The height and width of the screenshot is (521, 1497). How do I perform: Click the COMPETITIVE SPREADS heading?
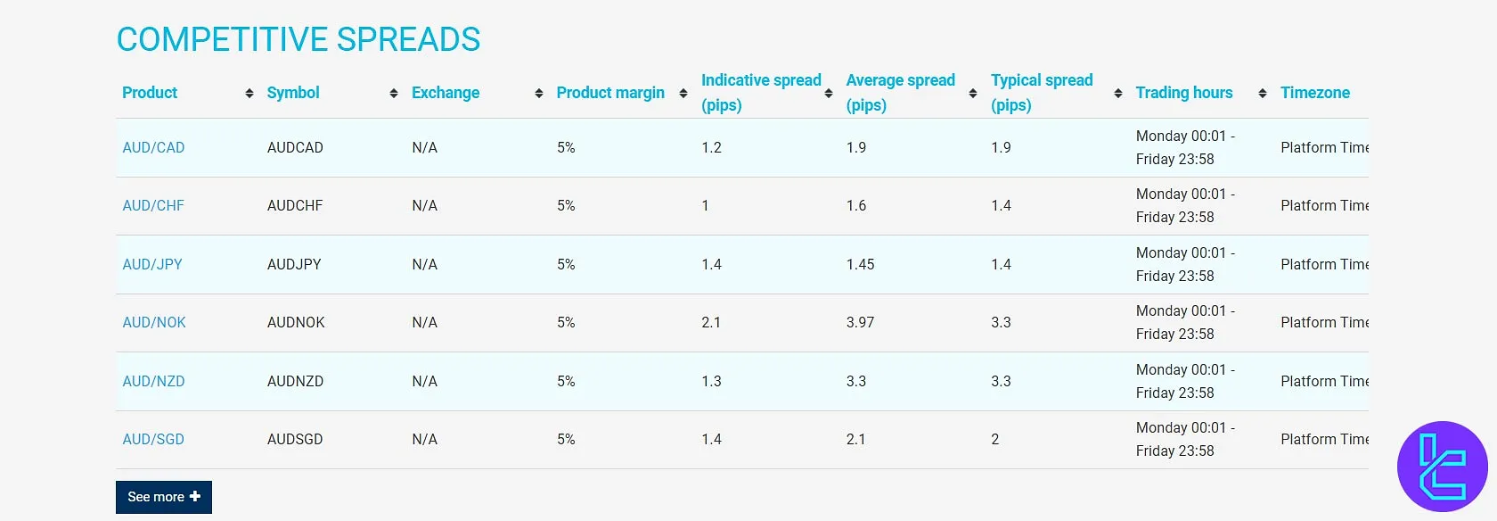[299, 39]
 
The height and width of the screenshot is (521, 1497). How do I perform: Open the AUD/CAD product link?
[153, 147]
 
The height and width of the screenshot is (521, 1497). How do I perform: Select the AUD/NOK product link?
[154, 322]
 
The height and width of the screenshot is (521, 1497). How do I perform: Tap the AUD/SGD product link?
[153, 439]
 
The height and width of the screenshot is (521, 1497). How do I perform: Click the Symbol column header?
[293, 93]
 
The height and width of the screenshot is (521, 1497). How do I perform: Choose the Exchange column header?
[446, 93]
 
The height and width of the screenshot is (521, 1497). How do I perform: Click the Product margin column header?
[610, 93]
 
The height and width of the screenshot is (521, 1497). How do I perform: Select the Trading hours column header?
[1184, 93]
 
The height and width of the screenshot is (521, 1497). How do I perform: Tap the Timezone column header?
[1315, 93]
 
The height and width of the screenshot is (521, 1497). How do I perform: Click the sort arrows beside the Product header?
[249, 93]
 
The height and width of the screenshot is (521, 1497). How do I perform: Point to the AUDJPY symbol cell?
[294, 264]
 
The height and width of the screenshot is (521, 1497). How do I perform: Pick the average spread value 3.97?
[860, 322]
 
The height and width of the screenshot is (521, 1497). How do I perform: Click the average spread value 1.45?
[860, 264]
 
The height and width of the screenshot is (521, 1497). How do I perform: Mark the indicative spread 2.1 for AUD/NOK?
[711, 322]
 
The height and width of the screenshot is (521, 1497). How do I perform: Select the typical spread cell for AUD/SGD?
[995, 439]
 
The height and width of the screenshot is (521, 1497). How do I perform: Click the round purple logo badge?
[1442, 466]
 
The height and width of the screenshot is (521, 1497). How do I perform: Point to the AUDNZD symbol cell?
[295, 381]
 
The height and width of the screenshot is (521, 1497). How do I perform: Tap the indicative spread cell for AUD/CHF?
[705, 205]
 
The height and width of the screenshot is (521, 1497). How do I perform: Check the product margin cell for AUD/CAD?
[566, 147]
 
